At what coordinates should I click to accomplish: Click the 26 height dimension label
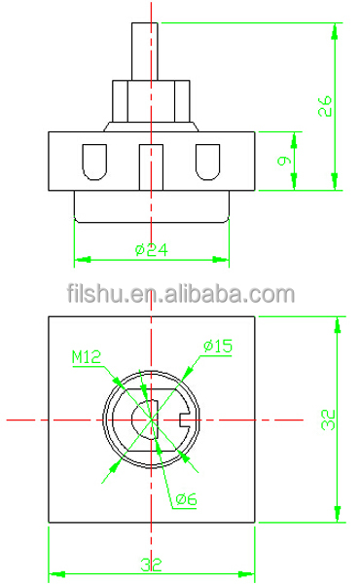click(325, 106)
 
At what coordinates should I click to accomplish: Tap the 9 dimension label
click(284, 161)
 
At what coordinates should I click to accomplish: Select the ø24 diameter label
click(152, 249)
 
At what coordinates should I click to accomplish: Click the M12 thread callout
click(87, 357)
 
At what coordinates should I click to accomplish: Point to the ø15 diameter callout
click(218, 346)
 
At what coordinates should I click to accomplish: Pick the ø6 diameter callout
click(186, 499)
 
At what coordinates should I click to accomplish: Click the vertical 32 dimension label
click(328, 420)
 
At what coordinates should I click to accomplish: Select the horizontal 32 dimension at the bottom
click(152, 565)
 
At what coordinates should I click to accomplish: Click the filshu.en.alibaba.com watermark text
click(181, 294)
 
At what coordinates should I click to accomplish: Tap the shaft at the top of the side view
click(144, 51)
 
